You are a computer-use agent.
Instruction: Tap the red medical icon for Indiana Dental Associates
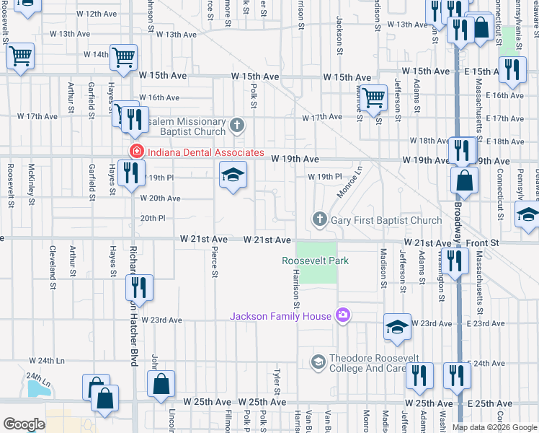(x=135, y=152)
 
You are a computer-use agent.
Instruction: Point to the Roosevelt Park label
(x=315, y=261)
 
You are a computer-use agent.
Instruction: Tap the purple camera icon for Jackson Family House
(x=342, y=315)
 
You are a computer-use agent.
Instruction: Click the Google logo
(x=24, y=424)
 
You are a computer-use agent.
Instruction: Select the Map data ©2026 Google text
(x=494, y=427)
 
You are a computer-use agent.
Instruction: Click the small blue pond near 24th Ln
(x=35, y=388)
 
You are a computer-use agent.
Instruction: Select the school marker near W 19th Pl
(x=233, y=175)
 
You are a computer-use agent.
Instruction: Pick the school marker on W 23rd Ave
(x=397, y=327)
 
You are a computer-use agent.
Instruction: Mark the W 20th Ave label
(x=160, y=198)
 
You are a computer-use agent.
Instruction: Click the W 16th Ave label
(x=159, y=97)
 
